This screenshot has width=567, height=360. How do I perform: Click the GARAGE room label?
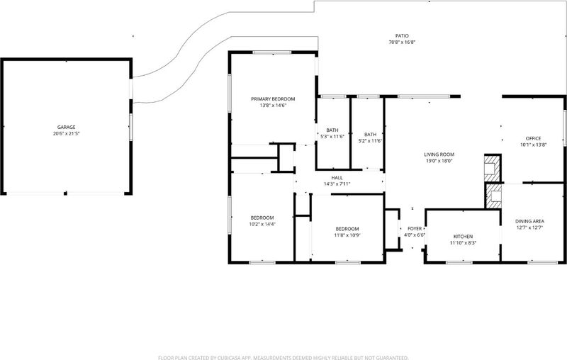(66, 128)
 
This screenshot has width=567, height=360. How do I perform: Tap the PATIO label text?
(402, 35)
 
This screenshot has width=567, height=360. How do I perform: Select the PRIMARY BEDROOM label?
(273, 99)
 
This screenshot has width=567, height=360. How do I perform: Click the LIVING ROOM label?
(439, 154)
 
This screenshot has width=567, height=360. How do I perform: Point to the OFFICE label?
(534, 138)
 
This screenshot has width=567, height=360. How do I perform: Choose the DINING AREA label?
(529, 221)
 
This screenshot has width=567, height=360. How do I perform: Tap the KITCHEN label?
(464, 237)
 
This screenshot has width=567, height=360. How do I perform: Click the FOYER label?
(415, 229)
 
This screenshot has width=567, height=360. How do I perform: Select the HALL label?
(337, 178)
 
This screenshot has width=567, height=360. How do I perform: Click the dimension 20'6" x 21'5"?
(66, 134)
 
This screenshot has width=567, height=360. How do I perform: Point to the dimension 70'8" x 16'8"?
(402, 43)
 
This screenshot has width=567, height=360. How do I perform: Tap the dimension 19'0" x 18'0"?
(439, 161)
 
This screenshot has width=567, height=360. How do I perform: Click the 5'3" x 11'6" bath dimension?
(332, 137)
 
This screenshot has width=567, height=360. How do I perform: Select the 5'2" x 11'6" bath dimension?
(370, 141)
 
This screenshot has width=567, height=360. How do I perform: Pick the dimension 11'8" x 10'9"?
(347, 235)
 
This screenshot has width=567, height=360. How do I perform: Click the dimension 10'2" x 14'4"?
(262, 224)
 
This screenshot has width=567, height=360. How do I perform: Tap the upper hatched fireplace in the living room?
(492, 168)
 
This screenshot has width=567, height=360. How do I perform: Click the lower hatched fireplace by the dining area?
(493, 196)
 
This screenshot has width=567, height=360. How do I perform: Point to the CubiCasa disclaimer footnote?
(283, 358)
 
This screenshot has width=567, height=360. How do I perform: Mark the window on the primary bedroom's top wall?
(272, 52)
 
